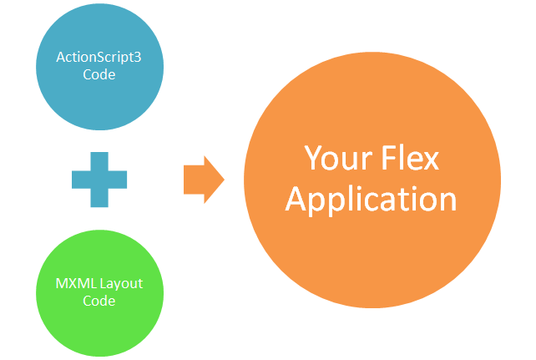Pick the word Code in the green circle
[x=99, y=301]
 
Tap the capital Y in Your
[x=312, y=158]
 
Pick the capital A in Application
[x=299, y=199]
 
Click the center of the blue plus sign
[x=99, y=178]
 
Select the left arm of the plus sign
[x=80, y=178]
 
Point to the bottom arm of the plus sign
[x=99, y=198]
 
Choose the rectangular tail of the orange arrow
[x=194, y=178]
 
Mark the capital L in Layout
[x=104, y=283]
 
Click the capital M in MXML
[x=62, y=283]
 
